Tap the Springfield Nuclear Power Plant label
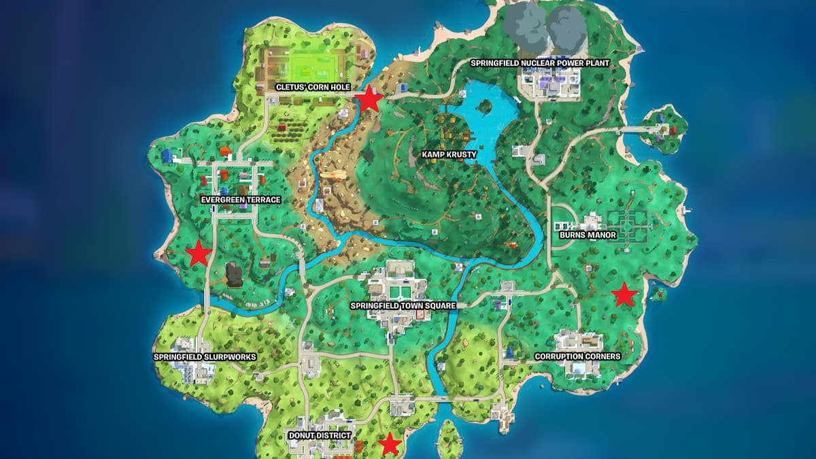tap(540, 63)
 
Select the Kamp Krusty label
tap(449, 154)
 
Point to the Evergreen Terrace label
tap(241, 200)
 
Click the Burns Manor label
tap(588, 235)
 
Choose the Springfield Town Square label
tap(403, 306)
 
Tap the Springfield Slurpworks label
tap(194, 356)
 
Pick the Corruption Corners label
tap(577, 356)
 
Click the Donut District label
tap(320, 435)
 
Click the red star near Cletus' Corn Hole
tap(369, 99)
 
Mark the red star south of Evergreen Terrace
tap(199, 254)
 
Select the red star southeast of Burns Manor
tap(624, 294)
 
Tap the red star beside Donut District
tap(390, 444)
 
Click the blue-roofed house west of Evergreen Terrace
tap(168, 156)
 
